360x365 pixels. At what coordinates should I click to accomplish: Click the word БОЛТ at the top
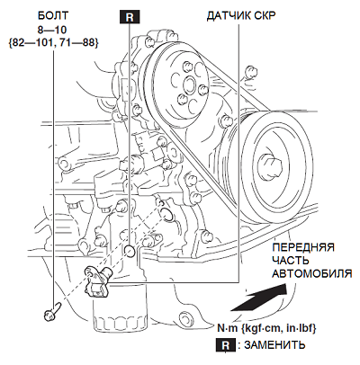53,15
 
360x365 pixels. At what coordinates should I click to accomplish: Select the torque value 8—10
53,30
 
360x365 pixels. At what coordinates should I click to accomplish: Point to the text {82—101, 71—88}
53,43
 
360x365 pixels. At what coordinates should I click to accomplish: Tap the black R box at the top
130,17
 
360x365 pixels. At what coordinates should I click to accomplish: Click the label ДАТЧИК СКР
240,16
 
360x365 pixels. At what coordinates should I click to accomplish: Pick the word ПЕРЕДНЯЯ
303,248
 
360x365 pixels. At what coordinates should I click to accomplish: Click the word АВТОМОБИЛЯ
311,273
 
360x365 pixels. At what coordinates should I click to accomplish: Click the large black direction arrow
260,298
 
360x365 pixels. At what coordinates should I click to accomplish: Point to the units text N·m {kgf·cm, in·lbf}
266,328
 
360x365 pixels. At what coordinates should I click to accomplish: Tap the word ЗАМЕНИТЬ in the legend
274,345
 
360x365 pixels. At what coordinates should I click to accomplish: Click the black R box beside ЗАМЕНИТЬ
226,345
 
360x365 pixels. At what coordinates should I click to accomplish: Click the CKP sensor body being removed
96,280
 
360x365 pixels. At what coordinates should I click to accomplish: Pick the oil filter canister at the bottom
119,312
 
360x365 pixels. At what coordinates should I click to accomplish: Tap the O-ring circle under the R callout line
129,251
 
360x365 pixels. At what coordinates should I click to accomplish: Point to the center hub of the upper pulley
189,85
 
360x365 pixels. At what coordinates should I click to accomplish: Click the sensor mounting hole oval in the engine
166,214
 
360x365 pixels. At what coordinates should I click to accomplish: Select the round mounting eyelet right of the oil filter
184,319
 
